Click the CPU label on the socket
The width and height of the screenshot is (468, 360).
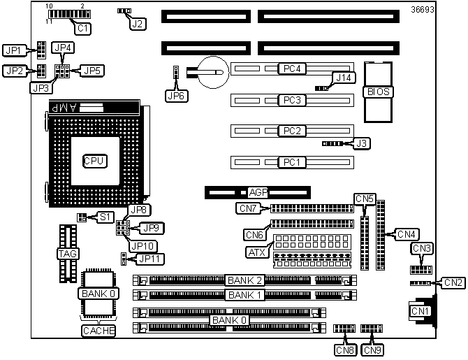(94, 161)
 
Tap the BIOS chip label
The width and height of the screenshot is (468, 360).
(378, 92)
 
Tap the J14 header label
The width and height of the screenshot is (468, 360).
(344, 77)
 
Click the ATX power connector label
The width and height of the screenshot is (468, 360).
(256, 252)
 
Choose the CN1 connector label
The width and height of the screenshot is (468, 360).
(419, 310)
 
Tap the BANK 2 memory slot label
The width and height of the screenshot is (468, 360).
(244, 280)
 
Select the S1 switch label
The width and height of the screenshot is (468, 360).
(105, 217)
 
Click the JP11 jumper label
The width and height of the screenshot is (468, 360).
(149, 259)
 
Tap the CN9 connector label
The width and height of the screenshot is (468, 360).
(372, 350)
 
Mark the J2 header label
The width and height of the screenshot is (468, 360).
(138, 24)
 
